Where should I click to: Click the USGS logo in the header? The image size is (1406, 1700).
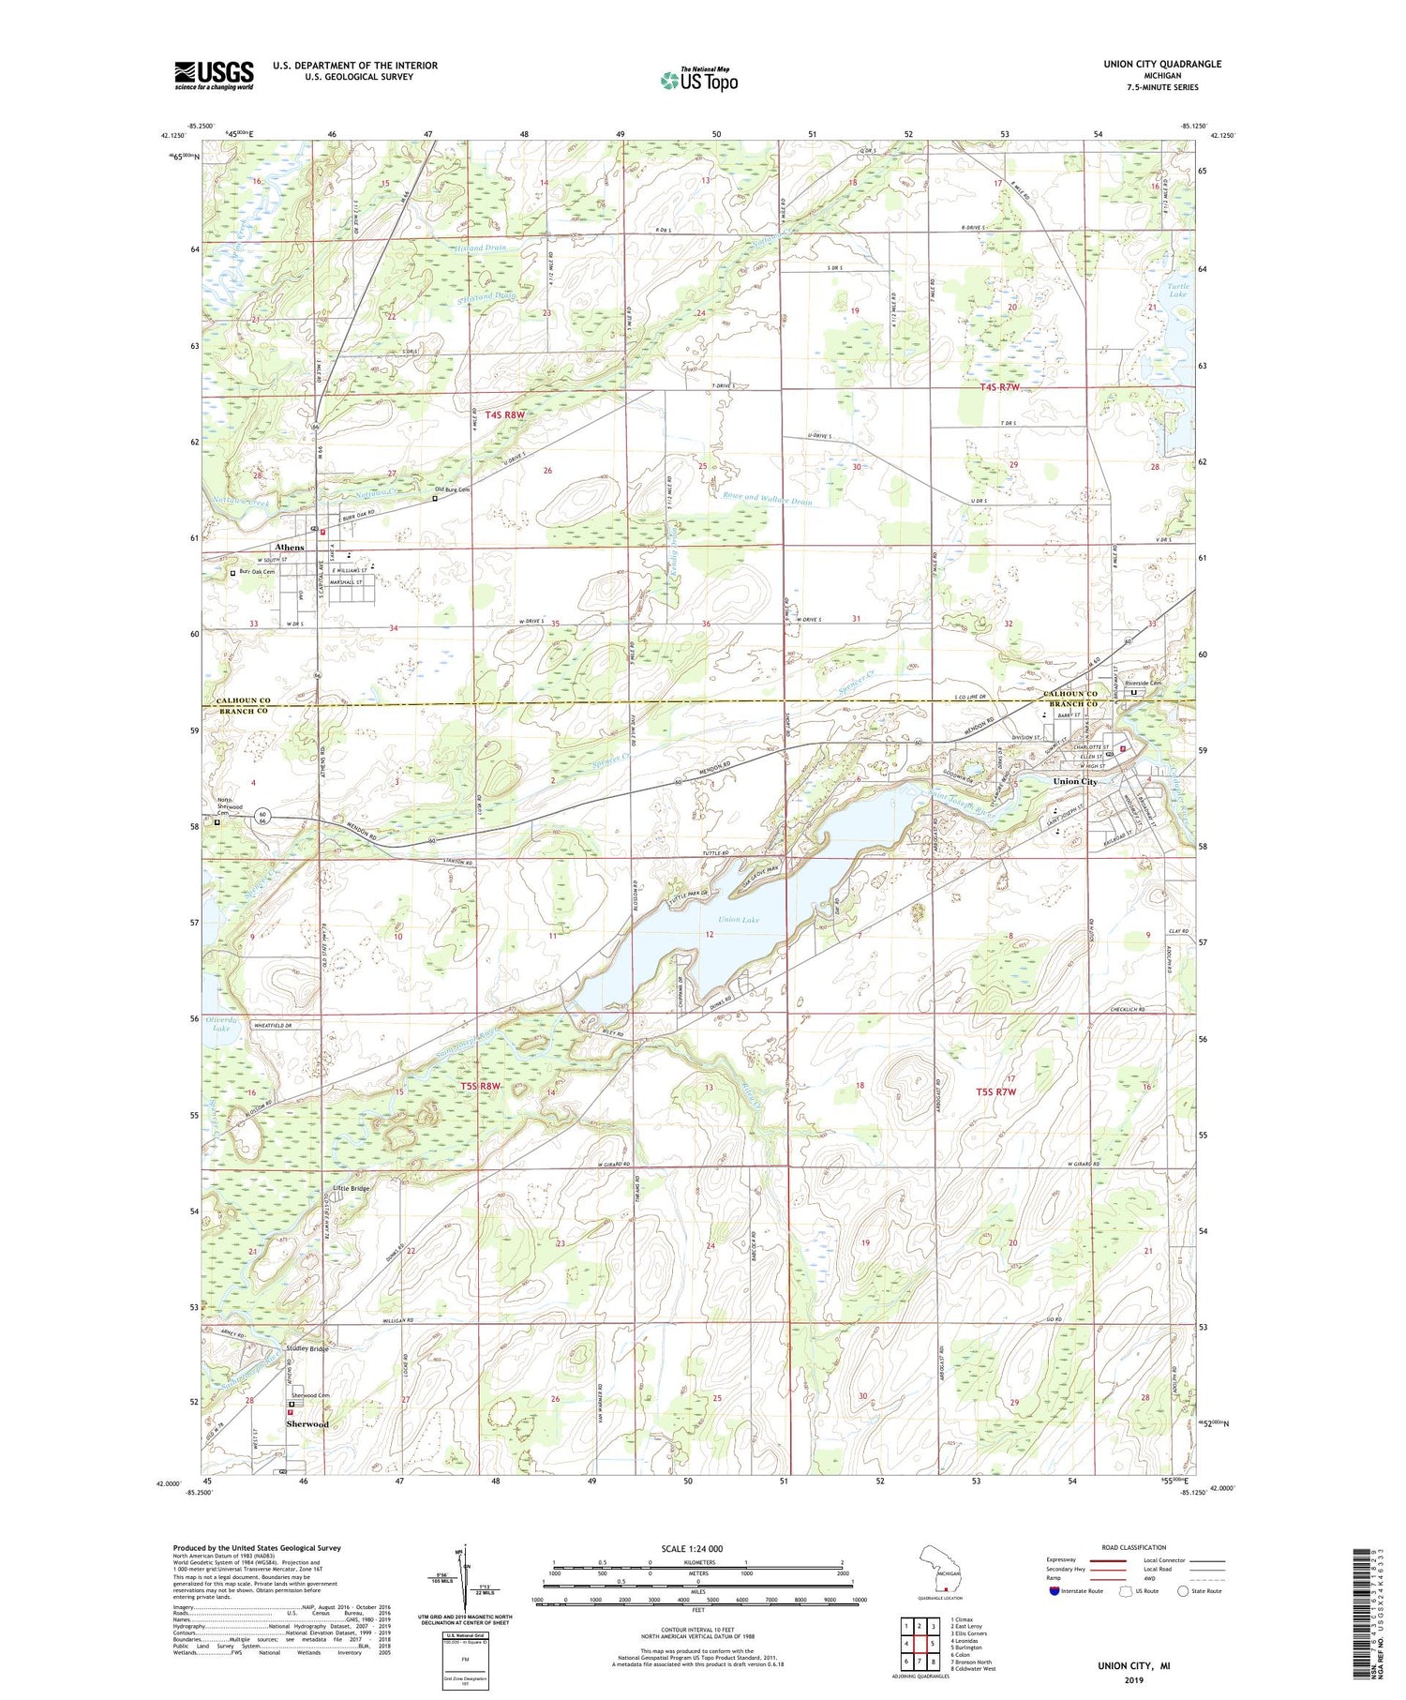click(x=214, y=75)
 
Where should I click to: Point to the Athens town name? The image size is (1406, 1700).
click(x=289, y=547)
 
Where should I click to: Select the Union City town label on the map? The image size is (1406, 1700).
click(x=1074, y=781)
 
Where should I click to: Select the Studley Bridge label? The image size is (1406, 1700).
click(x=307, y=1348)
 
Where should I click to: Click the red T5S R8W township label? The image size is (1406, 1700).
click(x=481, y=1086)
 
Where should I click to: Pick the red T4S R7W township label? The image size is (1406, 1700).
click(x=999, y=386)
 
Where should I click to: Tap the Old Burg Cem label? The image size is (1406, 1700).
click(x=452, y=489)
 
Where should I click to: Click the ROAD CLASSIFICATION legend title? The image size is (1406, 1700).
click(x=1134, y=1547)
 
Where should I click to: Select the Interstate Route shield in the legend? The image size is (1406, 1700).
click(x=1055, y=1591)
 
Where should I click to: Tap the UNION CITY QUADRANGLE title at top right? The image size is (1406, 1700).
click(x=1149, y=64)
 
